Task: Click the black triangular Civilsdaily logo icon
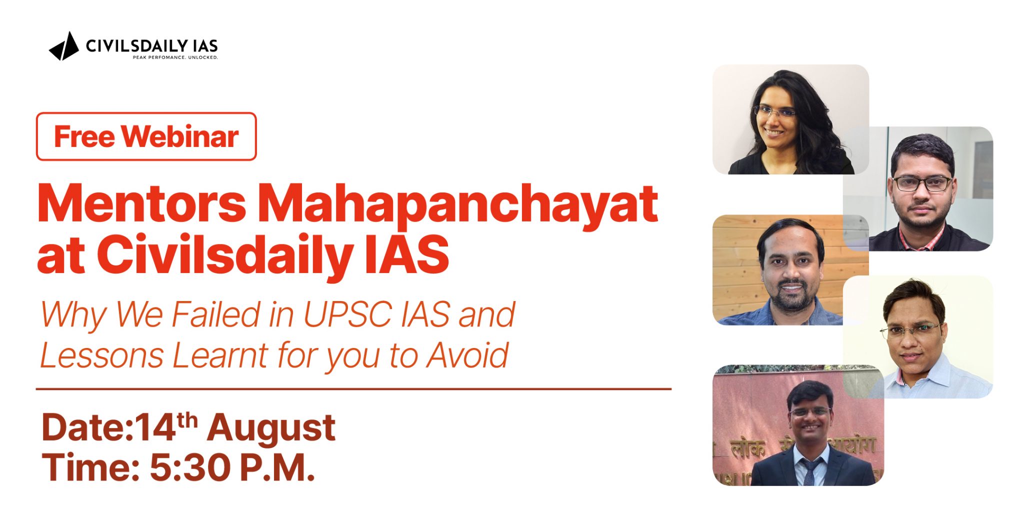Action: (64, 47)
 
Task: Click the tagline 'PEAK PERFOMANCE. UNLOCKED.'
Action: (175, 57)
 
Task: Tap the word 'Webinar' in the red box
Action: (180, 136)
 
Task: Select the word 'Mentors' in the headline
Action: (141, 203)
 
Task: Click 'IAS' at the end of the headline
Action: (406, 255)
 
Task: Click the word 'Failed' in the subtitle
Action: (216, 314)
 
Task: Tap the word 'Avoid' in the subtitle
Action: (467, 355)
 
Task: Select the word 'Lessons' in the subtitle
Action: (102, 355)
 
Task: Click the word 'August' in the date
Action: (271, 428)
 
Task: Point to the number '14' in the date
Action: (155, 428)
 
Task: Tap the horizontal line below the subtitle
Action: (353, 388)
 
